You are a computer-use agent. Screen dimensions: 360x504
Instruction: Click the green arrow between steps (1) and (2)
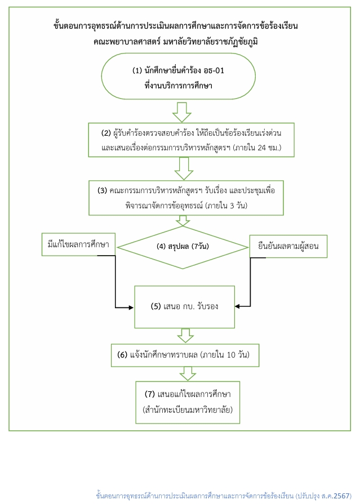click(182, 112)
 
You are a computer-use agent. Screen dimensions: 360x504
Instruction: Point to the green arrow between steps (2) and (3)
click(184, 168)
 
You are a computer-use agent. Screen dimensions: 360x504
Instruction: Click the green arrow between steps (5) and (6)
click(185, 336)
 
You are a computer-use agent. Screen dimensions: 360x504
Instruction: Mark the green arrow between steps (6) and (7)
click(188, 374)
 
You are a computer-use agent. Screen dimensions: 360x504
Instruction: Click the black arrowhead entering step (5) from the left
click(131, 307)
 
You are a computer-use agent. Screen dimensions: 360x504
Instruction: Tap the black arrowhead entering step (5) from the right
click(237, 306)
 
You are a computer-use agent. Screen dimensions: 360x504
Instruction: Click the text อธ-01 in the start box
click(214, 70)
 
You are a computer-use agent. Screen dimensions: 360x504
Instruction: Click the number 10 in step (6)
click(231, 355)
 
